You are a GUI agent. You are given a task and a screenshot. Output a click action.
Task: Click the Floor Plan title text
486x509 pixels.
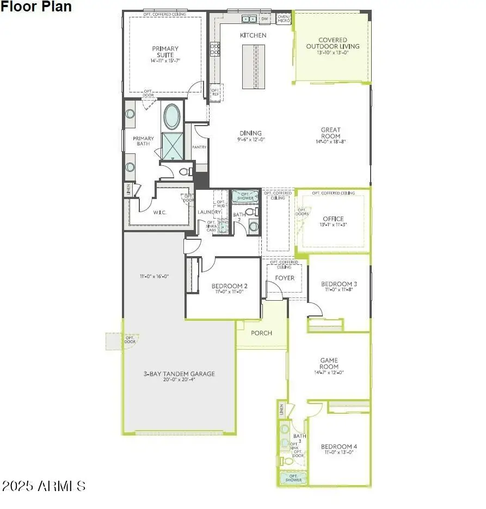pyautogui.click(x=36, y=7)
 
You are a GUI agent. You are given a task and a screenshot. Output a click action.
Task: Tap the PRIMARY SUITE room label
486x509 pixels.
pyautogui.click(x=165, y=52)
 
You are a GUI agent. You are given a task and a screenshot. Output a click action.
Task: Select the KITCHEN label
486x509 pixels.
pyautogui.click(x=253, y=35)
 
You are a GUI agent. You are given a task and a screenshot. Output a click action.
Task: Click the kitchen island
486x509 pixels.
pyautogui.click(x=251, y=66)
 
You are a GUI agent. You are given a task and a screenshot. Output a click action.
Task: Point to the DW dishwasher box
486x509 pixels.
pyautogui.click(x=264, y=19)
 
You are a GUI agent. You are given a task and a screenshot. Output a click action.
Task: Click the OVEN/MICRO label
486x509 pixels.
pyautogui.click(x=284, y=18)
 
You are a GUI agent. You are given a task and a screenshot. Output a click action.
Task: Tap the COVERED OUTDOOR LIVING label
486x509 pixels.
pyautogui.click(x=333, y=44)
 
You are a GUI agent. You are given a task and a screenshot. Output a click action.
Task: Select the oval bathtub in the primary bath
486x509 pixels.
pyautogui.click(x=172, y=116)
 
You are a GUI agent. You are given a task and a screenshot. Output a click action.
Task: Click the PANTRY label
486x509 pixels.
pyautogui.click(x=199, y=147)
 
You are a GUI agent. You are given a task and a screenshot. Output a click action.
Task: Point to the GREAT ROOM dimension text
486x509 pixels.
pyautogui.click(x=330, y=142)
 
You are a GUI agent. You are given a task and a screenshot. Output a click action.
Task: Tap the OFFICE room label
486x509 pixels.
pyautogui.click(x=333, y=219)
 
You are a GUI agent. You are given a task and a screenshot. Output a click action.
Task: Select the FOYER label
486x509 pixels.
pyautogui.click(x=284, y=278)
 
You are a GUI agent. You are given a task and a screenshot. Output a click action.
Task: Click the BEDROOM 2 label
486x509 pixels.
pyautogui.click(x=230, y=286)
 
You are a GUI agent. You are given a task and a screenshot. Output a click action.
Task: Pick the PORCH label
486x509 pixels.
pyautogui.click(x=261, y=333)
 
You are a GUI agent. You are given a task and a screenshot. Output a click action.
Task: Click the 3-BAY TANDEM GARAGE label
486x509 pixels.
pyautogui.click(x=179, y=374)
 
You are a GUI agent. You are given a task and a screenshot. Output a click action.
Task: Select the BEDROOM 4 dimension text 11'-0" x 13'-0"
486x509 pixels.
pyautogui.click(x=339, y=452)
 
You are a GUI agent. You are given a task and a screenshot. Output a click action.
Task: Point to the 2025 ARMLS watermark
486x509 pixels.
pyautogui.click(x=44, y=485)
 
